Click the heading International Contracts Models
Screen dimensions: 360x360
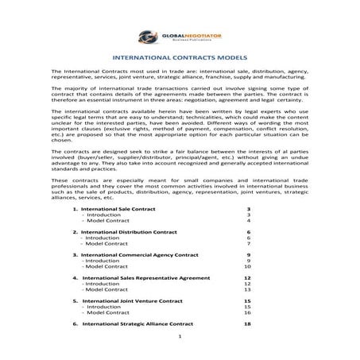point(180,58)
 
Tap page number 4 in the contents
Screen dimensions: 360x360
point(249,220)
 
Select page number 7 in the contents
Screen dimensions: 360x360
point(249,243)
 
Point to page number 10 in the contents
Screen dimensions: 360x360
point(247,266)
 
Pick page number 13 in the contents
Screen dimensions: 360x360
point(247,289)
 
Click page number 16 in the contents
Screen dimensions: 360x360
point(247,313)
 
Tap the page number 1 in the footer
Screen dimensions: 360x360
point(180,347)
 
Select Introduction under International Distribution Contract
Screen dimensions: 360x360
point(103,237)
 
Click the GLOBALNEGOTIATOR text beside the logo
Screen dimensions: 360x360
point(186,33)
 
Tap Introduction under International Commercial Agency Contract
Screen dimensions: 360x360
point(103,260)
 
